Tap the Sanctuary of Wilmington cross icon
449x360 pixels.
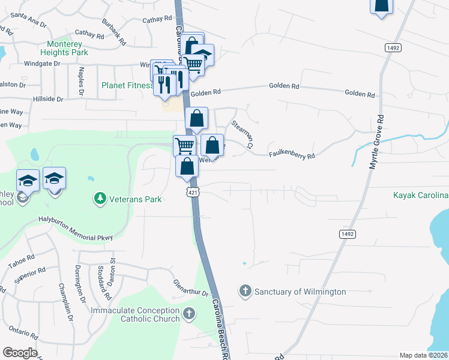coord(245,291)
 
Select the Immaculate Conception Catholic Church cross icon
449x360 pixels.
coord(189,313)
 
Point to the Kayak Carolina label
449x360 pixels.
coord(421,196)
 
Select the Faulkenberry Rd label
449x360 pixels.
coord(292,155)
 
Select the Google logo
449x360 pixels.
coord(20,353)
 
